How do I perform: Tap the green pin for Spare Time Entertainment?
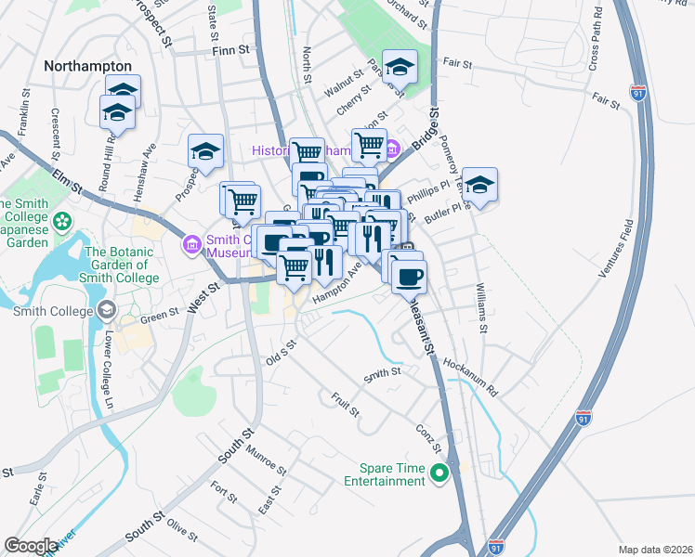(x=440, y=474)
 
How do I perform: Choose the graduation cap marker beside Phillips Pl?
(x=479, y=185)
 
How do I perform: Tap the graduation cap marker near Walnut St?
(x=400, y=67)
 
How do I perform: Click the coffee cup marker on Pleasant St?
(x=408, y=275)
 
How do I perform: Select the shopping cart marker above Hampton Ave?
(x=295, y=266)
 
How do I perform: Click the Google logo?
(x=32, y=546)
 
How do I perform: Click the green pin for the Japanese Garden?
(x=62, y=222)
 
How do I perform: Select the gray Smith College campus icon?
(x=107, y=309)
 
